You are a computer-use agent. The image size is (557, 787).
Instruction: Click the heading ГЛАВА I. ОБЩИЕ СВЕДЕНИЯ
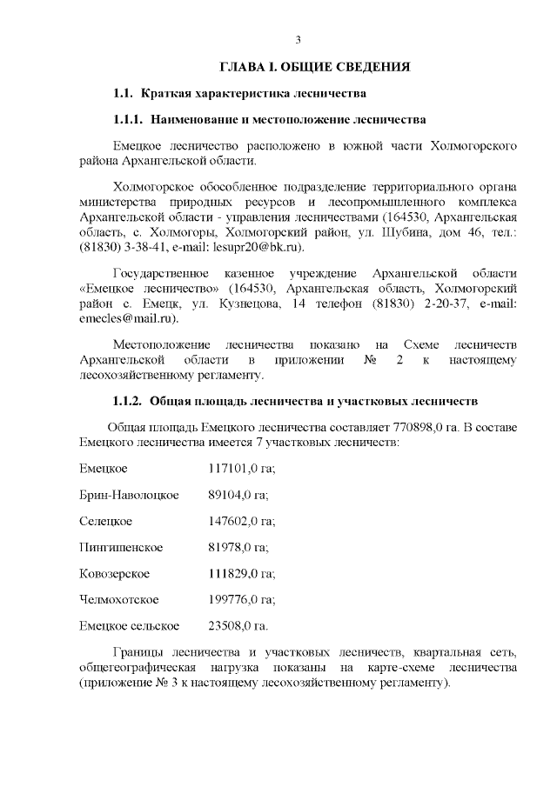click(x=314, y=67)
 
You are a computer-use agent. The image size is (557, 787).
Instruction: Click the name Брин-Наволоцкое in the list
click(x=129, y=496)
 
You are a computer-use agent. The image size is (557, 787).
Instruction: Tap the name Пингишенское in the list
click(x=120, y=548)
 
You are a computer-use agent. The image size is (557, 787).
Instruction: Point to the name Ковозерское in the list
click(x=114, y=574)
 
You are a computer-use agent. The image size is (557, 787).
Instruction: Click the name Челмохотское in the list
click(x=118, y=600)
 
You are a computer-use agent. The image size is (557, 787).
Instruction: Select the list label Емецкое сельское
click(x=129, y=626)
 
